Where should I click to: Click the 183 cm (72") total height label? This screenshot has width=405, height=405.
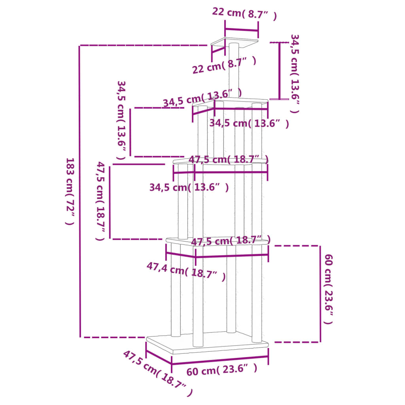(x=70, y=191)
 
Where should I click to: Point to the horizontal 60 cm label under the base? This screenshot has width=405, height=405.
(x=221, y=370)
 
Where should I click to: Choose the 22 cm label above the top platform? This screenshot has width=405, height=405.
(x=244, y=13)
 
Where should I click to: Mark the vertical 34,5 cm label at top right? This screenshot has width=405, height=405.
(x=295, y=74)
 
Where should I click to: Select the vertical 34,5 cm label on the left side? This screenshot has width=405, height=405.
(x=121, y=120)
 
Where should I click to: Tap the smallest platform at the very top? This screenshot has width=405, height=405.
(x=235, y=41)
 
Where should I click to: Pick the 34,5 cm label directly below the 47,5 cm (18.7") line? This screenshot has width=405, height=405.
(x=189, y=187)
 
